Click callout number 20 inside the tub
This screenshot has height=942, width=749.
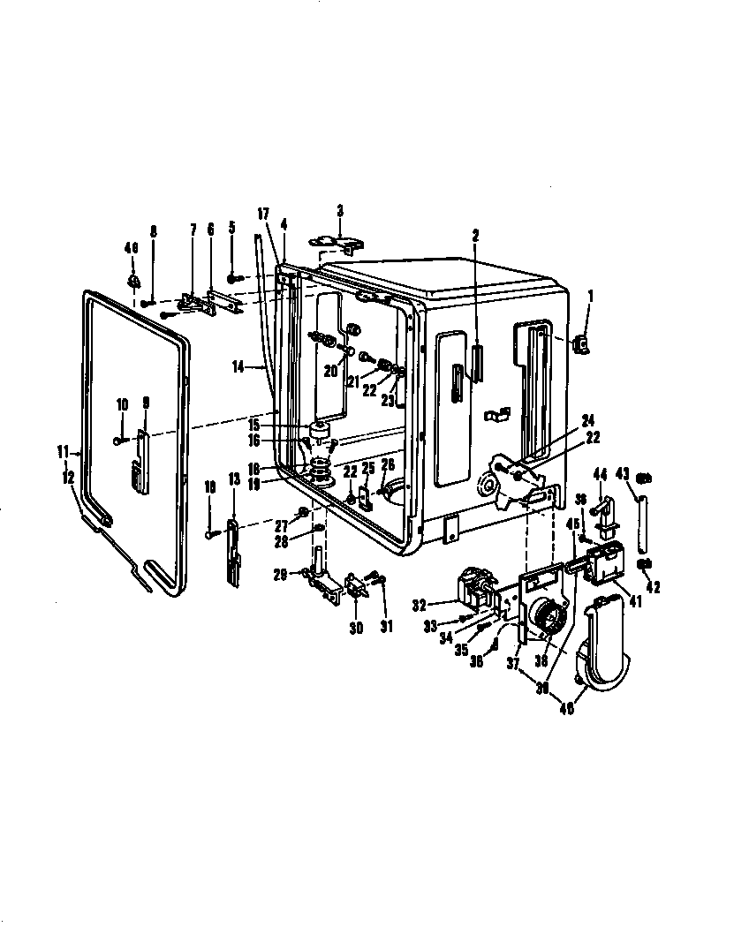point(329,372)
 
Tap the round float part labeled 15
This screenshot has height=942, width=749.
point(317,432)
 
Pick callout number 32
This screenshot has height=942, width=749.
point(419,605)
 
